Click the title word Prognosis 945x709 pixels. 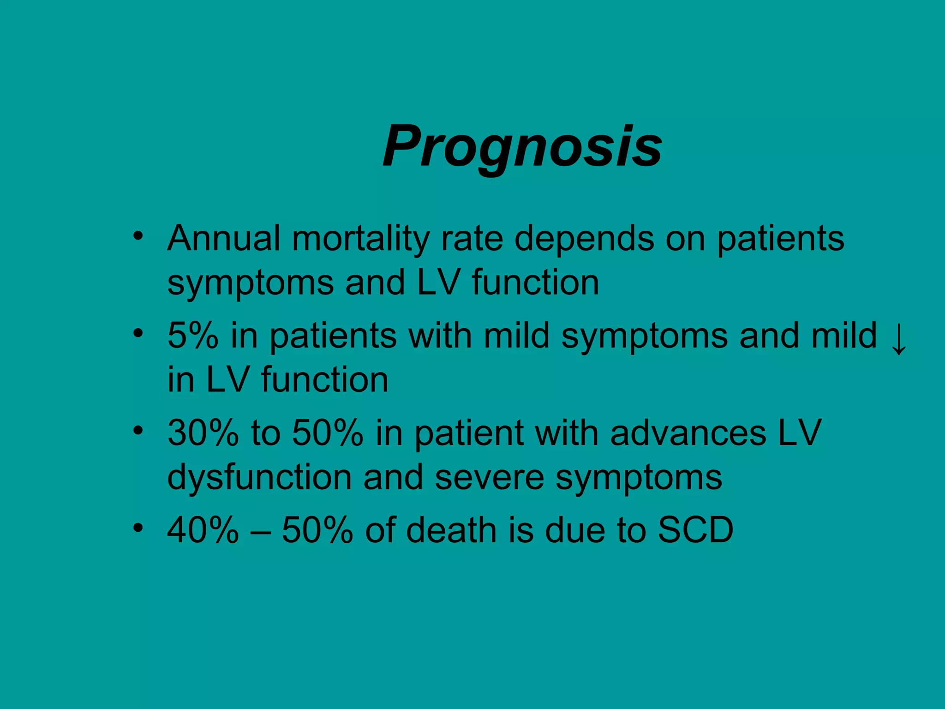tap(522, 147)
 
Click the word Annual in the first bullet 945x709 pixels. tap(224, 239)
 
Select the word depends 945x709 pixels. tap(584, 239)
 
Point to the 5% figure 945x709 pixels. tap(192, 336)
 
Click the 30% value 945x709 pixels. tap(203, 433)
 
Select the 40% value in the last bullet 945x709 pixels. tap(203, 530)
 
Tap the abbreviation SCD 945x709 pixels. tap(695, 530)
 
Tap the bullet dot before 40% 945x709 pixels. tap(138, 528)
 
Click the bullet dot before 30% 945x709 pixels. tap(138, 431)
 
